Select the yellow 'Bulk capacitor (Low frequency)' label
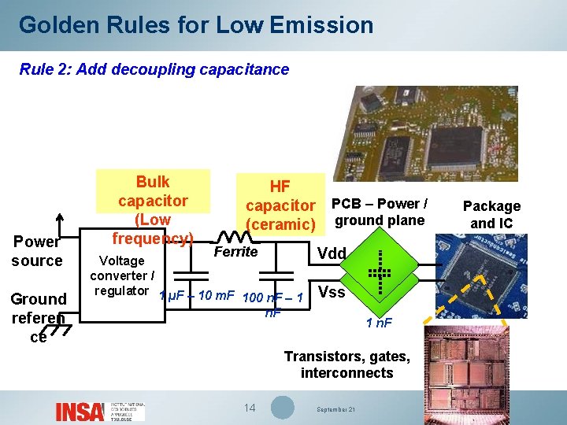(x=152, y=209)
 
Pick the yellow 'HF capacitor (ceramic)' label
(x=280, y=205)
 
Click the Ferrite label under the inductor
(x=235, y=252)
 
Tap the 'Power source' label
(x=37, y=251)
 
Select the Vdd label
(x=331, y=253)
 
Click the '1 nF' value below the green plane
(x=380, y=322)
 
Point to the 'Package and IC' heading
(x=491, y=214)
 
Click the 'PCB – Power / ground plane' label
(x=379, y=212)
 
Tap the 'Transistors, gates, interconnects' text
(x=346, y=364)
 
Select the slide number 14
(x=250, y=408)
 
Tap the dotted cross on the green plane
(x=380, y=272)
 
